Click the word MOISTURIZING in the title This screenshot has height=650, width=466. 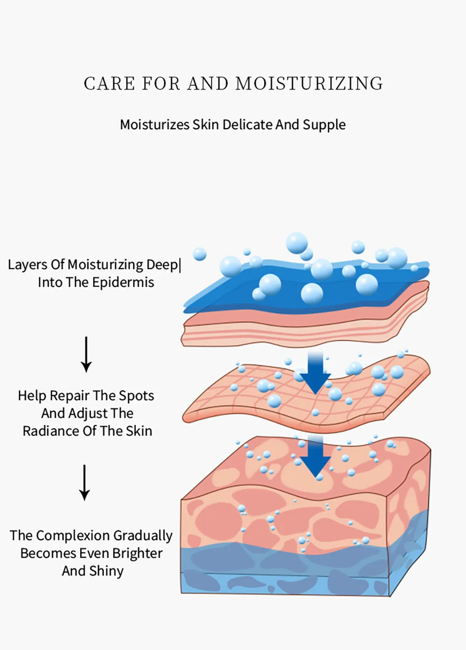tap(309, 84)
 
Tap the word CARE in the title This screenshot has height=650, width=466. tap(110, 84)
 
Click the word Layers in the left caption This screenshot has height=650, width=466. tap(27, 265)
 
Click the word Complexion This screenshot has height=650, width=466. tap(74, 536)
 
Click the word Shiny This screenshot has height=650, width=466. tap(106, 571)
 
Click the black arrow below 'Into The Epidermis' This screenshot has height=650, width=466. tap(86, 354)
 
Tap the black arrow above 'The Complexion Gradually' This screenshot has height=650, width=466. tap(84, 483)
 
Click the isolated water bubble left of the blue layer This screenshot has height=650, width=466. tap(200, 254)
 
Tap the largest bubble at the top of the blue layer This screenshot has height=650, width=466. tap(297, 243)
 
